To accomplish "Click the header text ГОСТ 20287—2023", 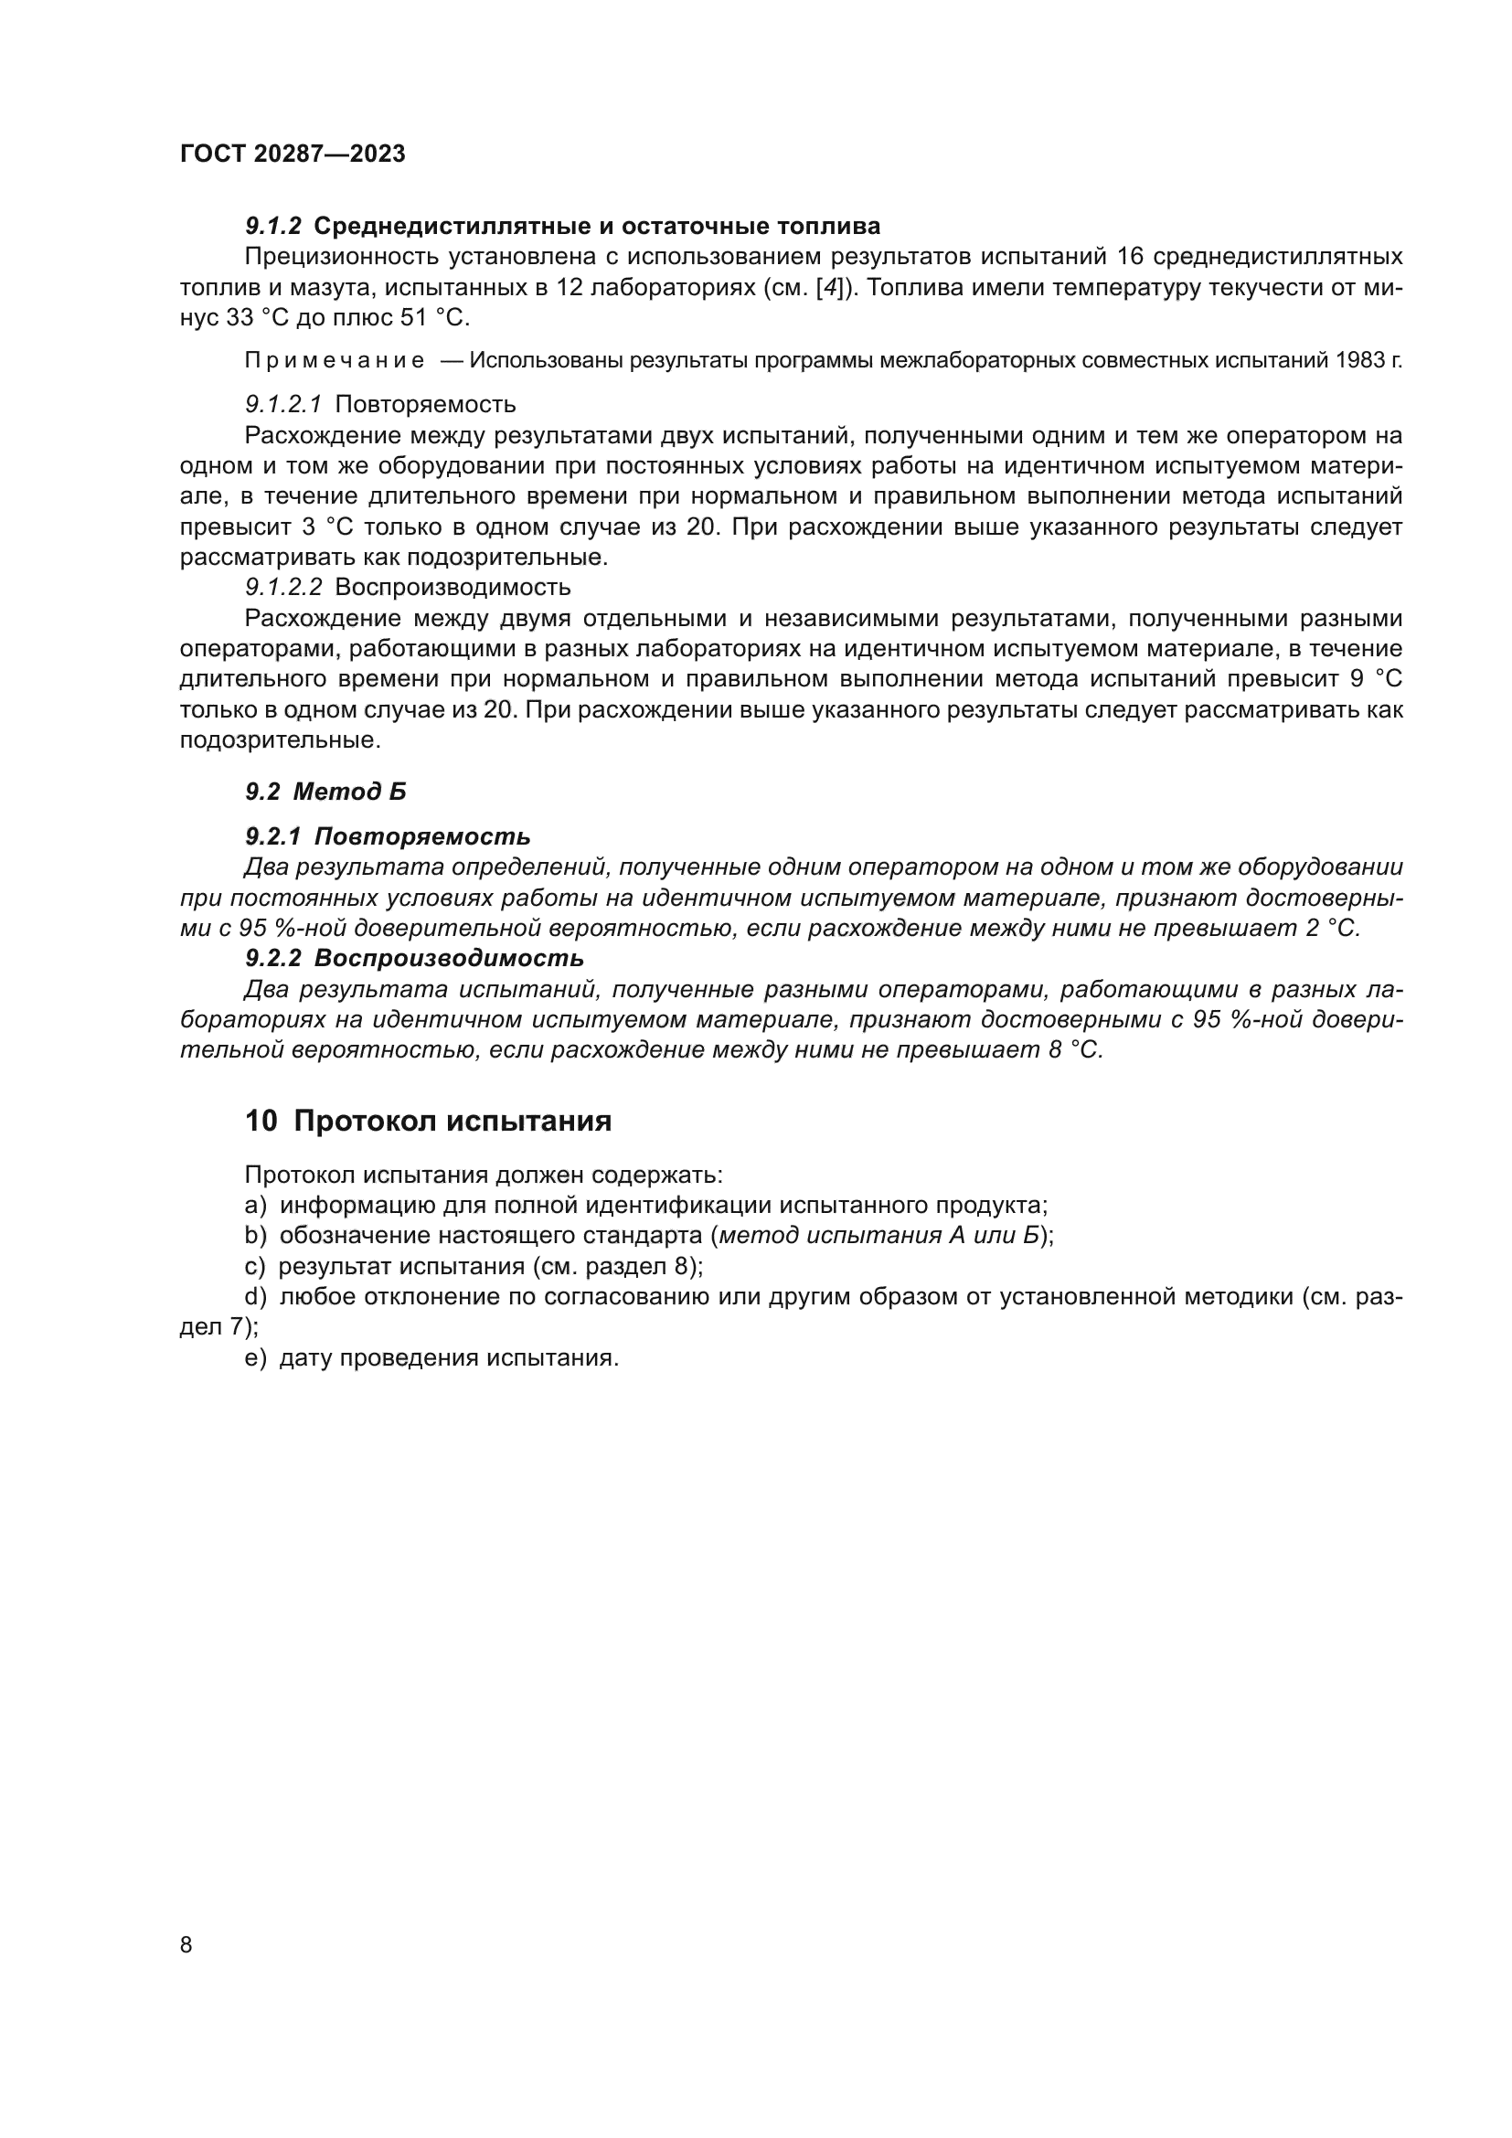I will coord(293,154).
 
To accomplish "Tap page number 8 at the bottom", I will coord(186,1944).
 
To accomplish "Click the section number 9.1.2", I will coord(272,227).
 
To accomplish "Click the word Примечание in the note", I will coord(335,361).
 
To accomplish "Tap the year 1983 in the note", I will coord(1360,361).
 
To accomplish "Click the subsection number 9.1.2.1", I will coord(283,405).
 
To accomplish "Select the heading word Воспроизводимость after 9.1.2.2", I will coord(453,588).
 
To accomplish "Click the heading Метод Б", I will coord(349,792).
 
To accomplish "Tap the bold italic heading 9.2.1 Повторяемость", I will coord(388,836).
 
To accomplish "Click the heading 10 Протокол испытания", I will coord(428,1122).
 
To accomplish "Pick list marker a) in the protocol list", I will coord(255,1206).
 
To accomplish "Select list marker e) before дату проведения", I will coord(255,1357).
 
